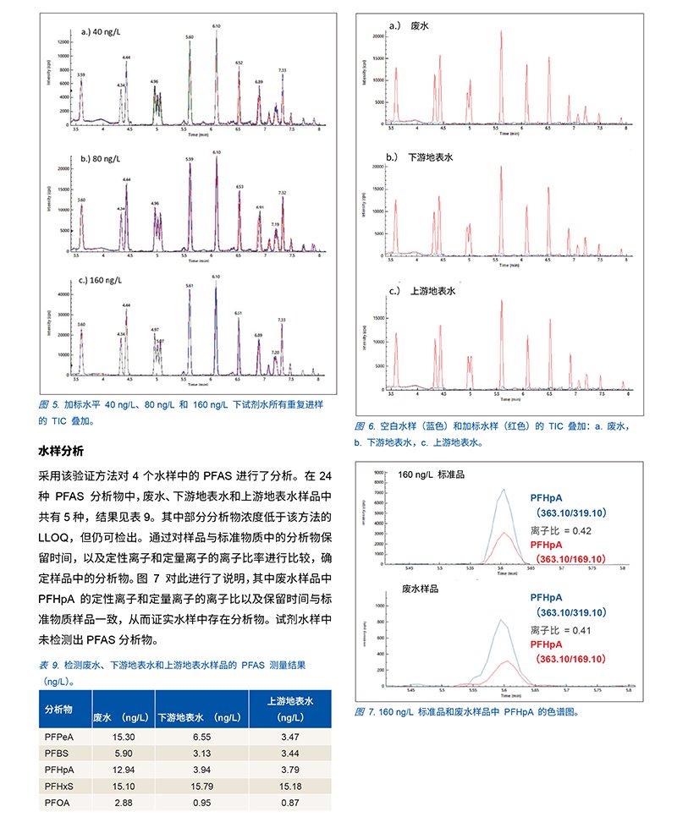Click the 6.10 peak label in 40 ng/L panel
[217, 26]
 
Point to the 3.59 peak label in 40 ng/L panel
[80, 75]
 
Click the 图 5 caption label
[48, 406]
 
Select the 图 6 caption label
[365, 425]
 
